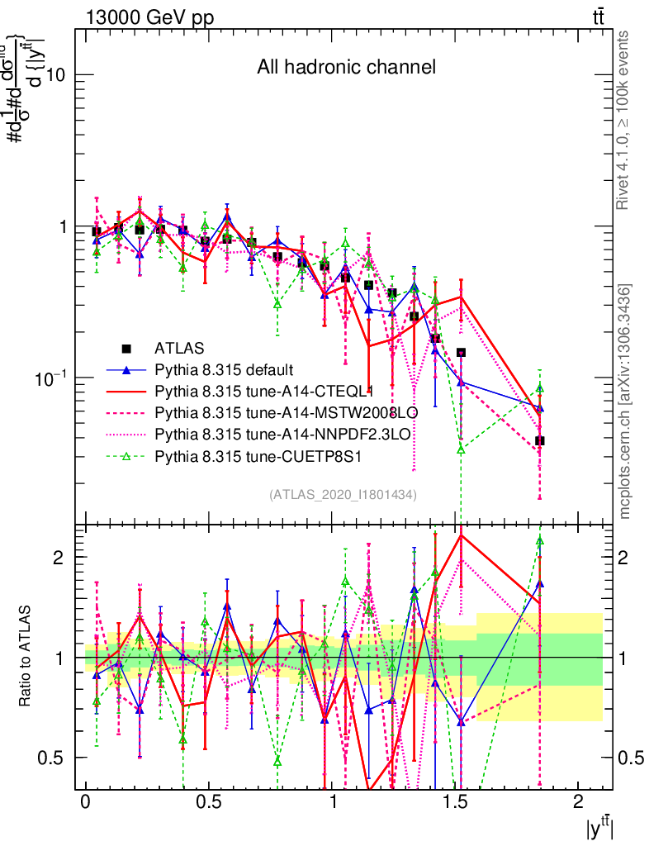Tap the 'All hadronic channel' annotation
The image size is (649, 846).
(x=346, y=67)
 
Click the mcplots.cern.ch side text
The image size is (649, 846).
(x=625, y=402)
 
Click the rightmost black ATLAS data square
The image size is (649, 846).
(x=539, y=440)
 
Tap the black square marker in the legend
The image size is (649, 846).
(x=126, y=349)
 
